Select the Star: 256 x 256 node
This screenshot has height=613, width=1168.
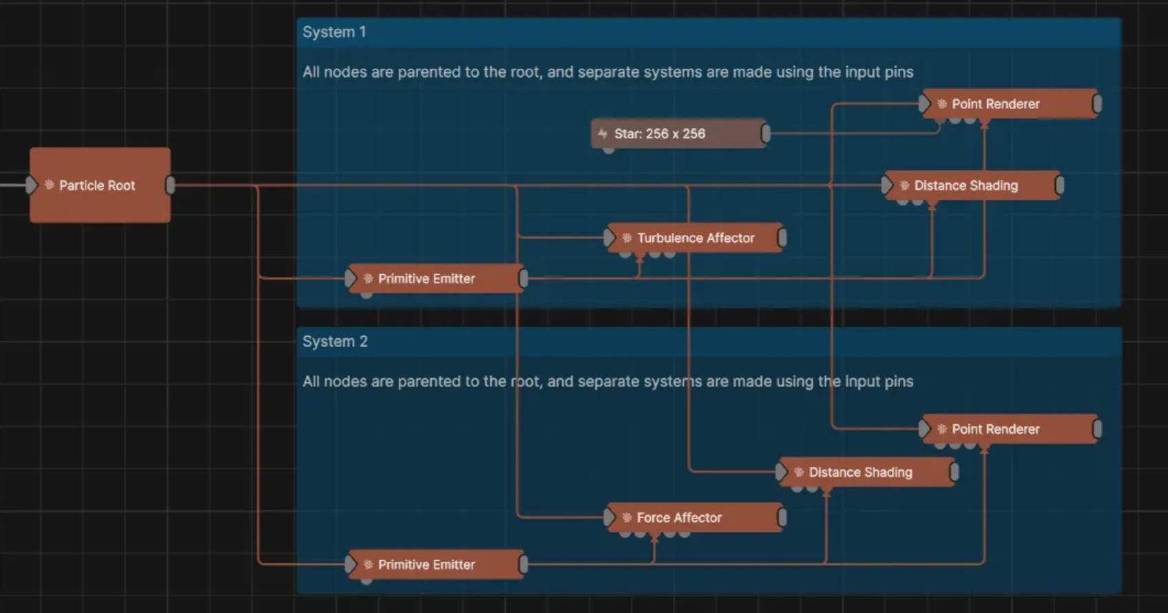coord(678,134)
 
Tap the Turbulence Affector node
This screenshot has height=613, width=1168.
coord(696,238)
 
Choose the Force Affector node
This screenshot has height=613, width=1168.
coord(696,517)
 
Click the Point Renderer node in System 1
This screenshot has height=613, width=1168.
coord(1010,104)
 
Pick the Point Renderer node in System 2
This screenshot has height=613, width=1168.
coord(1010,429)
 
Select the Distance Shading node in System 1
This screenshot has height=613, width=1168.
coord(972,185)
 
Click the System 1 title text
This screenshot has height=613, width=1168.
coord(334,32)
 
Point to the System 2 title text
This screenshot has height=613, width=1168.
coord(335,342)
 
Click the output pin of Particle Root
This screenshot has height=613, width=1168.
coord(171,185)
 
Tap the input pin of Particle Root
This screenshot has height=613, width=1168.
coord(31,185)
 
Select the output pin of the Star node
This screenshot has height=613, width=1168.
coord(766,134)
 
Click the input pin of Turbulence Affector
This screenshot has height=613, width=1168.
coord(609,238)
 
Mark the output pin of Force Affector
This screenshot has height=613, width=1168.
coord(782,517)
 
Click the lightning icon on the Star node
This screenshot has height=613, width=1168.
coord(603,134)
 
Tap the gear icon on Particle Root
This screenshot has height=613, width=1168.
coord(50,185)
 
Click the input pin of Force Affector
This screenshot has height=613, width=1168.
coord(609,517)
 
